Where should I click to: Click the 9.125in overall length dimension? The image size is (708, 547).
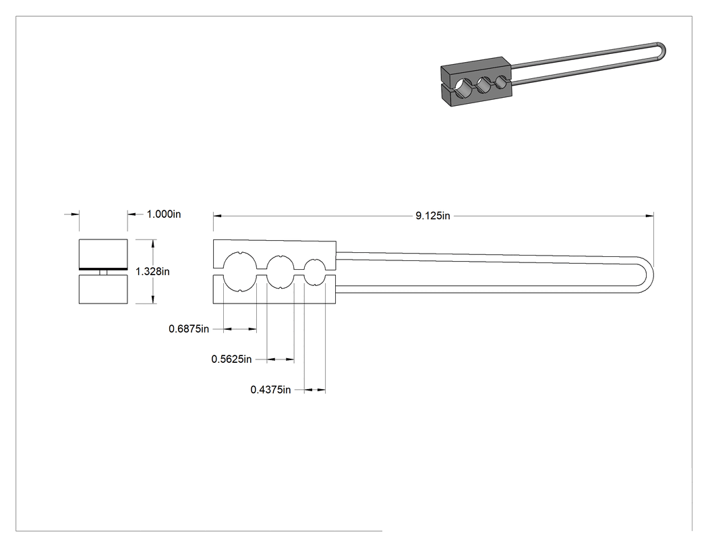pos(433,216)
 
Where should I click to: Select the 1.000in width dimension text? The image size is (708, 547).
pos(163,214)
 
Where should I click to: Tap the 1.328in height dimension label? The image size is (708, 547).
pos(152,271)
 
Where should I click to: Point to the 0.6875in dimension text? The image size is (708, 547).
pos(189,329)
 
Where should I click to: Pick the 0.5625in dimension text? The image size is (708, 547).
pos(232,359)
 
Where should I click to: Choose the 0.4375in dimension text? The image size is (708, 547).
pos(270,389)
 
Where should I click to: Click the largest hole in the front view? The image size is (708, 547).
pos(240,271)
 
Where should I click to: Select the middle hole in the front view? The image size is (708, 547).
pos(281,271)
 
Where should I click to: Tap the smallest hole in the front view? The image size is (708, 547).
pos(315,271)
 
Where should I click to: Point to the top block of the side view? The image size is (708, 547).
pos(103,254)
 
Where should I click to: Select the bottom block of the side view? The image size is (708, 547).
pos(103,289)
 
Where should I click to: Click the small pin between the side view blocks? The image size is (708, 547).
pos(103,272)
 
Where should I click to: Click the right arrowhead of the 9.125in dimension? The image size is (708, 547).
pos(650,216)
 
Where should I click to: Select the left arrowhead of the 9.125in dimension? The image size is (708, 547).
pos(218,216)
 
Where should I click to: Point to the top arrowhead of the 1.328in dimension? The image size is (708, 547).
pos(154,243)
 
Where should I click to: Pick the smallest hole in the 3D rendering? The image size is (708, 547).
pos(502,82)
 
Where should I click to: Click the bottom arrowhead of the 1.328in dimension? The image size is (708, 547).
pos(154,299)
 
